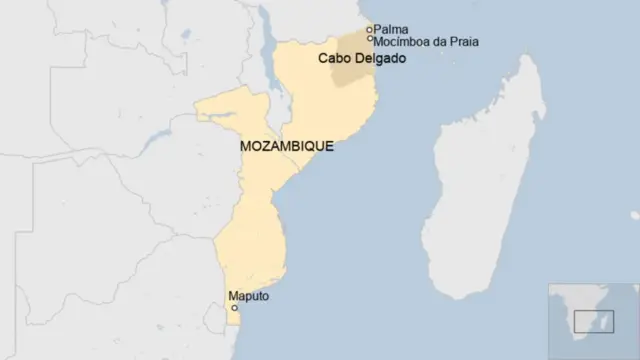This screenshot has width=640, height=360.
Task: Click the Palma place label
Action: point(392,29)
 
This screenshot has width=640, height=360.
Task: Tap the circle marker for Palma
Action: point(369,29)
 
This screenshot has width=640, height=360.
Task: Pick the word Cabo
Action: point(331,59)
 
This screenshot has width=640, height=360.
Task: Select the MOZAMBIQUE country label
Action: point(287,146)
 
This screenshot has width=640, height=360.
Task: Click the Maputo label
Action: point(249,296)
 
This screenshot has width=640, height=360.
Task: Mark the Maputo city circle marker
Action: point(235,308)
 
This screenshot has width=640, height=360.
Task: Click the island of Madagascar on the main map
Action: point(480,190)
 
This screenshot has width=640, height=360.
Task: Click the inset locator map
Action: point(593,320)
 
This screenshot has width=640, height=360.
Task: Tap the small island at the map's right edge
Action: point(635,214)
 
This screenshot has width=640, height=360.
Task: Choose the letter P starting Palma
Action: point(378,29)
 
